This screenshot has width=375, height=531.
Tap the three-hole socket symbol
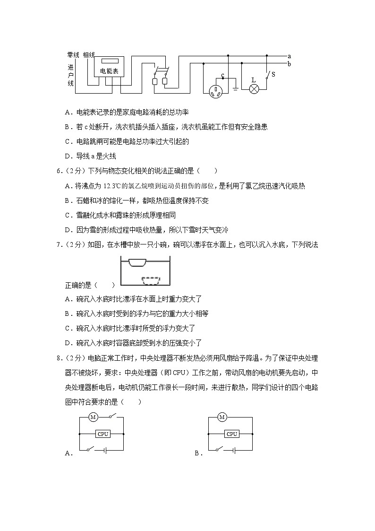click(x=216, y=90)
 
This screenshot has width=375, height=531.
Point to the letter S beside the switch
click(x=273, y=74)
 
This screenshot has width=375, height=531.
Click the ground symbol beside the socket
click(x=235, y=87)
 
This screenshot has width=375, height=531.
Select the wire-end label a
click(x=289, y=56)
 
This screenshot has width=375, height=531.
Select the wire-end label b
click(x=289, y=64)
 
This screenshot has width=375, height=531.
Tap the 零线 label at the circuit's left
click(x=73, y=55)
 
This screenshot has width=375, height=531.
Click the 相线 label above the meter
click(x=89, y=55)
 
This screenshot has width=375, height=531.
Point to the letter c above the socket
click(x=222, y=75)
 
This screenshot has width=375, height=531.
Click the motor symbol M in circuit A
click(x=93, y=417)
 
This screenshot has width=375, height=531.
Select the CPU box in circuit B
click(x=231, y=434)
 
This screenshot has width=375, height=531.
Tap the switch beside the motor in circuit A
click(x=111, y=417)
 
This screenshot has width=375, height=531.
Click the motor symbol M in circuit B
click(x=222, y=417)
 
